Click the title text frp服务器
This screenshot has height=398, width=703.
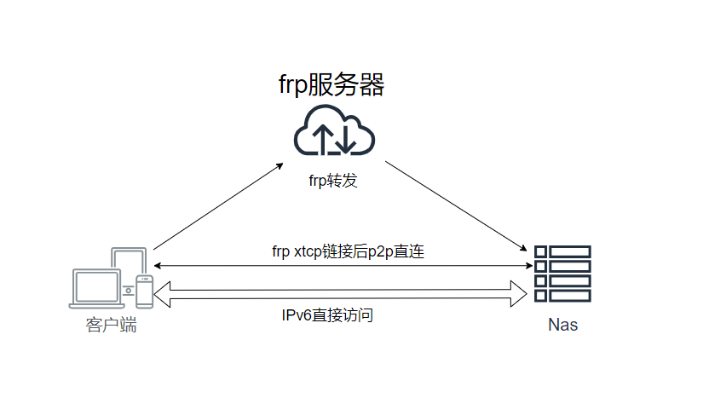tap(332, 84)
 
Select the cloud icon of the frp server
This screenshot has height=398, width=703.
tap(334, 131)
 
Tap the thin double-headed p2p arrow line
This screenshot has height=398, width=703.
tap(341, 266)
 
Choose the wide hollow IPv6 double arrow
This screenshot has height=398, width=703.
tap(341, 292)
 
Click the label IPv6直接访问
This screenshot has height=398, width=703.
tap(328, 315)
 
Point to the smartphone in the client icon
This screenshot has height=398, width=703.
tap(144, 291)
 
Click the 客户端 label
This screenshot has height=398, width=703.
tap(111, 325)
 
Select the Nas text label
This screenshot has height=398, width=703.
tap(562, 325)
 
